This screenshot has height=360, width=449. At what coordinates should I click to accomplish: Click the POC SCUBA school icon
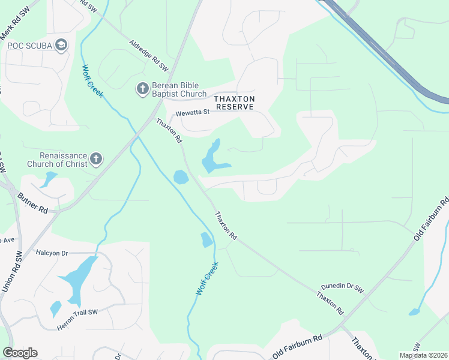[x=61, y=45]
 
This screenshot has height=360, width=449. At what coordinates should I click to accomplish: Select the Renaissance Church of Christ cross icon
[x=95, y=160]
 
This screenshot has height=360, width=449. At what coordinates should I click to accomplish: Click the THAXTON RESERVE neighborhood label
[x=235, y=103]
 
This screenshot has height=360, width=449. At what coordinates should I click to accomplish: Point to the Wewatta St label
[x=191, y=112]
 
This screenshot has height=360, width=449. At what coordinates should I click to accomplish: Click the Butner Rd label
[x=32, y=203]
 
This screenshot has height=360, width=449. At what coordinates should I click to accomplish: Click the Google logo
[x=20, y=353]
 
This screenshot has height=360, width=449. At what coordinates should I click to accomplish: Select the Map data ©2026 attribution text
[x=423, y=355]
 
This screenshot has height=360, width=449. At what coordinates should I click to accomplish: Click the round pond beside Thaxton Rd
[x=180, y=177]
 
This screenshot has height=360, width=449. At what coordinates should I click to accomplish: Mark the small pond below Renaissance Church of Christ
[x=49, y=179]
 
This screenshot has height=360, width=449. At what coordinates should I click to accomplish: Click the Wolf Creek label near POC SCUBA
[x=93, y=78]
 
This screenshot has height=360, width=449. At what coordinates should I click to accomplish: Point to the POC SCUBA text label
[x=28, y=46]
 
